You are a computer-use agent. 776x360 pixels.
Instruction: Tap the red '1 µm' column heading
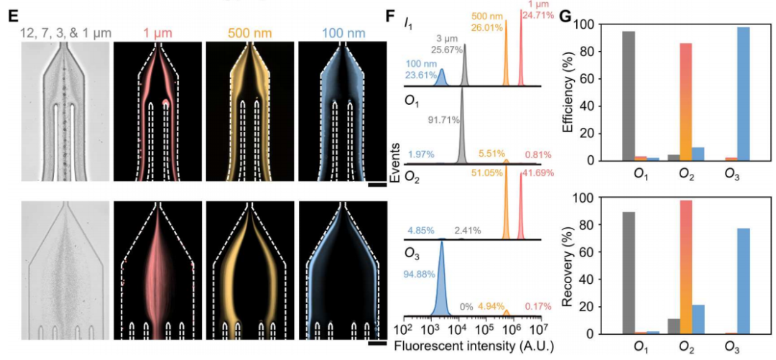pos(157,32)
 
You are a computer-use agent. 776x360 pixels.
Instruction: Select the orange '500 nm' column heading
pos(249,32)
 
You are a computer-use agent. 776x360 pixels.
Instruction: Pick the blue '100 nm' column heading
pos(341,32)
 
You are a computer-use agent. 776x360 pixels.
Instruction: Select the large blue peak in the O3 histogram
pos(441,284)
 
